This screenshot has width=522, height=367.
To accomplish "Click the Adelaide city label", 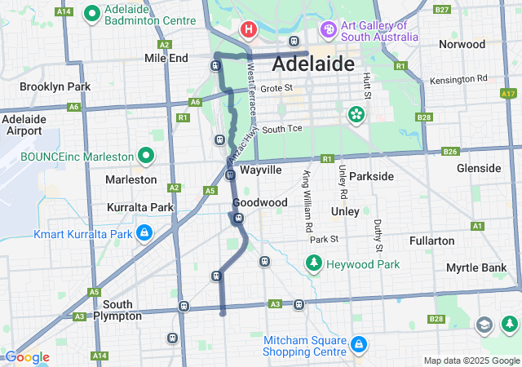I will point(313,64).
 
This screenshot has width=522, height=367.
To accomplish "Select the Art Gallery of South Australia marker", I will point(329,30).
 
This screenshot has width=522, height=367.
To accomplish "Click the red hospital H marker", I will point(248,30).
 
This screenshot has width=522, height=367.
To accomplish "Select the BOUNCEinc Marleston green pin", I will point(146,155).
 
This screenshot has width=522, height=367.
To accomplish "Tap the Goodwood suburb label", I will point(259,201).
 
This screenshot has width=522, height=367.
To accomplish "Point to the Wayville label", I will point(261,170).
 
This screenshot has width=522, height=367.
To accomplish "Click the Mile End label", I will point(166,58).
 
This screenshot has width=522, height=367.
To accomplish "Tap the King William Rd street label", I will point(307,196).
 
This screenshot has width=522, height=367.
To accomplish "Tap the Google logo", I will point(27,357).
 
